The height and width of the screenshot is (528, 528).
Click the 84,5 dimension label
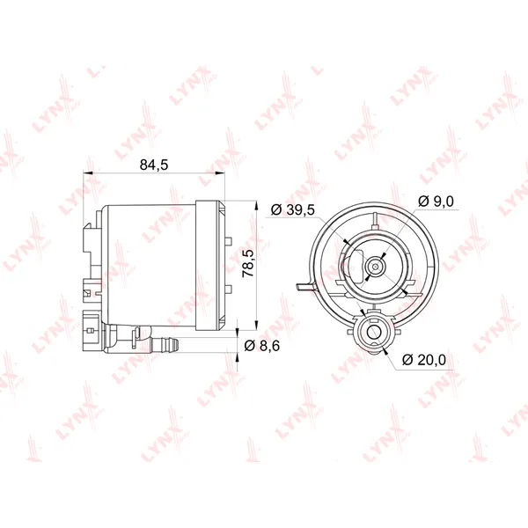[153, 165]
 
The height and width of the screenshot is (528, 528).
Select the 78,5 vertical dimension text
[248, 263]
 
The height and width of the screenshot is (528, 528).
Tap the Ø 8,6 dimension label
[262, 346]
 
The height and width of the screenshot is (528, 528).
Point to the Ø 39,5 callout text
[293, 209]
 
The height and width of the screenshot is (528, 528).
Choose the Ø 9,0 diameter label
[436, 202]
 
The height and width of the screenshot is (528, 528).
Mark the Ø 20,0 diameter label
[424, 360]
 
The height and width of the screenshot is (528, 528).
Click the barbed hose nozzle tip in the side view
[175, 344]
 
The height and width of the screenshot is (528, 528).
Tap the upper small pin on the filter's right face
[228, 241]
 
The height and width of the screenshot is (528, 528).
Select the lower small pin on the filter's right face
[228, 289]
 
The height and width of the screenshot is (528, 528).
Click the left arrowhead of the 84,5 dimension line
[87, 173]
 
